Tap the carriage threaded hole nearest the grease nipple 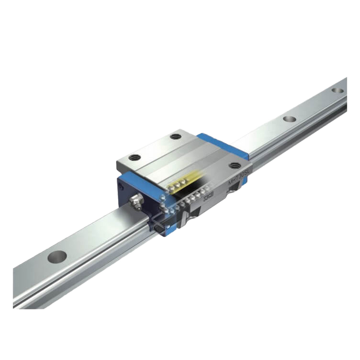tap(134, 158)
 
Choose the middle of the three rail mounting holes tap(288, 119)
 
